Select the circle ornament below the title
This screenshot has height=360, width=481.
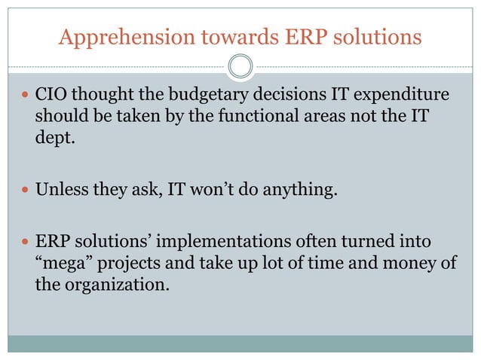[x=240, y=68]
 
